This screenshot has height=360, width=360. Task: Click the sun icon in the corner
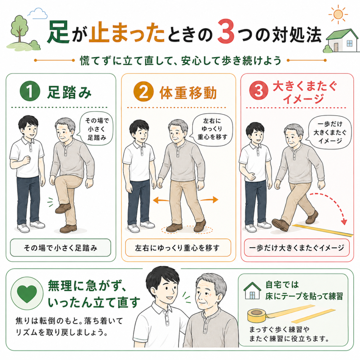click(338, 14)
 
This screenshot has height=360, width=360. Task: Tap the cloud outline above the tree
click(37, 14)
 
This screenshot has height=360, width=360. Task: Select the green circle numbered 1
click(30, 91)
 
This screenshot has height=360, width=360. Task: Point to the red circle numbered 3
click(259, 90)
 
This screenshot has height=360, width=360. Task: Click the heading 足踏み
click(69, 92)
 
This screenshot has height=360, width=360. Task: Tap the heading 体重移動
click(188, 92)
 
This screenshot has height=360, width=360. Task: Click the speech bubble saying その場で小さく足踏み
click(96, 129)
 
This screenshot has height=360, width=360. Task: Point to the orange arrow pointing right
click(209, 200)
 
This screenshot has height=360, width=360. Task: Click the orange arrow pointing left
click(161, 200)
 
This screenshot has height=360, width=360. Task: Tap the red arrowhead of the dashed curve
click(344, 222)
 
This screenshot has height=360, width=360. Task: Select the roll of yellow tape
click(257, 315)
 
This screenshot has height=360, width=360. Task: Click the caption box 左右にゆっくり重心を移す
click(178, 248)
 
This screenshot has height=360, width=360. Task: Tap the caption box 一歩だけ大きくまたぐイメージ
click(297, 248)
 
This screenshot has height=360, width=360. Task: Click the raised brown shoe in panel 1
click(63, 208)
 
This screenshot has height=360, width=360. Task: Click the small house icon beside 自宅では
click(252, 291)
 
